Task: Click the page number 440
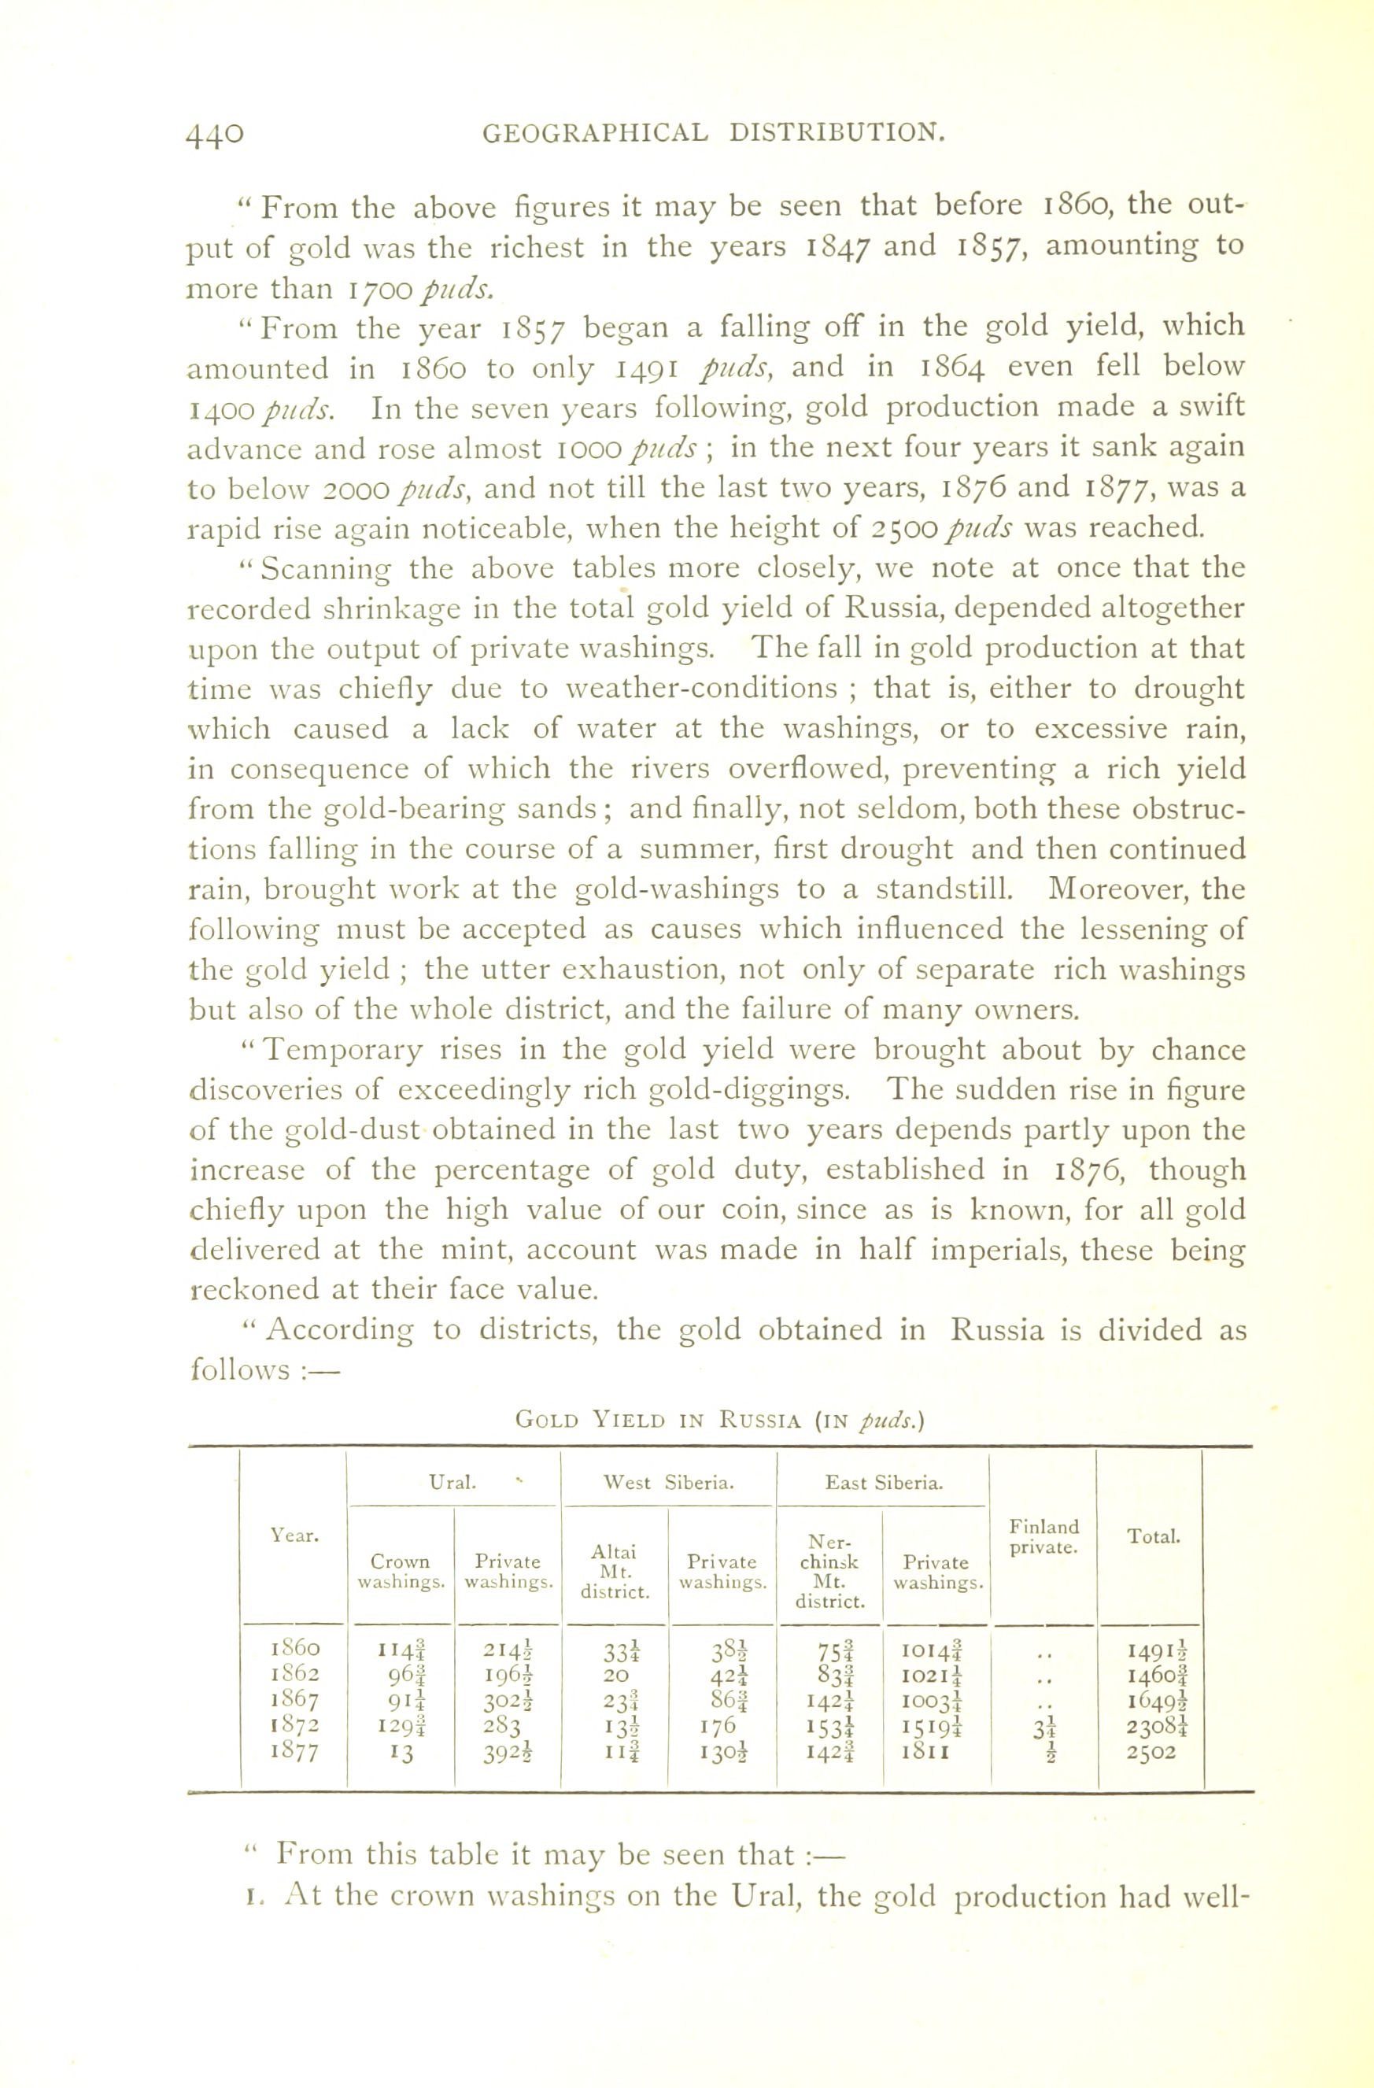coord(215,133)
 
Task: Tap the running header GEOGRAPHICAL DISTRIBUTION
coord(715,133)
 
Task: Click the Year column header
coord(295,1536)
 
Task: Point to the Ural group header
coord(452,1483)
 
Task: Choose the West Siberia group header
coord(669,1483)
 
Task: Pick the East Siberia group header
coord(884,1483)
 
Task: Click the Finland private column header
coord(1044,1537)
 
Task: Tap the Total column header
coord(1153,1536)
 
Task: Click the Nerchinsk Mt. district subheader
coord(830,1571)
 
